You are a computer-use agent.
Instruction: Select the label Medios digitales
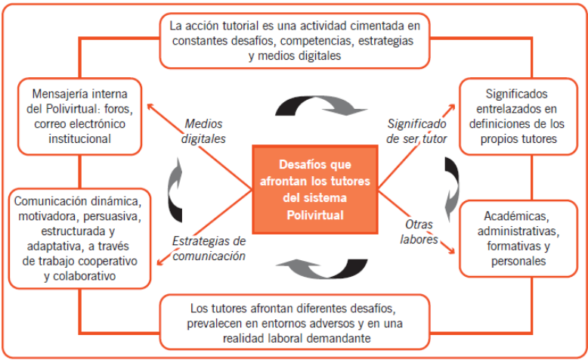204,132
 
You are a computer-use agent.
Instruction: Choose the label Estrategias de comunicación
209,249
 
